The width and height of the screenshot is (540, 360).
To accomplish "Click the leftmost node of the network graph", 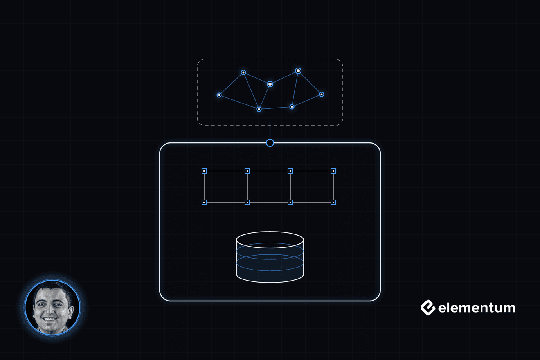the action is pos(219,95).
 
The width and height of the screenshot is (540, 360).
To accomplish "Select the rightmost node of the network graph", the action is pos(322,94).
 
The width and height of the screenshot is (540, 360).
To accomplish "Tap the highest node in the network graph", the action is pos(298,71).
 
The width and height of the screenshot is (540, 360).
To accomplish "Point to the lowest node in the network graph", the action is pos(259,109).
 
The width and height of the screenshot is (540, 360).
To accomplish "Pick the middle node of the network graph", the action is pos(270,84).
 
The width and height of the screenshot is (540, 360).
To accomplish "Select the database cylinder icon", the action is pos(270,257).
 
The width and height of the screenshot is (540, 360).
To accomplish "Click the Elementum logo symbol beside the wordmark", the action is pos(428,308).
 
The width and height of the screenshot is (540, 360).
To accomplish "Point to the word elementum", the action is pos(477,308).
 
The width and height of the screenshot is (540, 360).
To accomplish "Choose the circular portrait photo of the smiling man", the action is pos(52,307).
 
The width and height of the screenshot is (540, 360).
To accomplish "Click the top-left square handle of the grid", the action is pos(204,171).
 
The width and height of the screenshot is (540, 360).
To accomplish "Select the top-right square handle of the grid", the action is pos(333,171).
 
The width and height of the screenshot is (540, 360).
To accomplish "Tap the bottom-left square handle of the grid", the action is pos(204,202).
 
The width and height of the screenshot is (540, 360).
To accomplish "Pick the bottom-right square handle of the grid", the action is pos(333,202).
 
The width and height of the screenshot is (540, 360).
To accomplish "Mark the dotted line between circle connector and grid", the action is pos(270,158).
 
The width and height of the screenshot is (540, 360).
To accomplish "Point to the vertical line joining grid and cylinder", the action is pos(270,218).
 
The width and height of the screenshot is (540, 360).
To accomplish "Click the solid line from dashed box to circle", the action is pos(270,131).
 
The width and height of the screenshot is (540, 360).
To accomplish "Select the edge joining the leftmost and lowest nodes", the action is pos(239,102).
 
